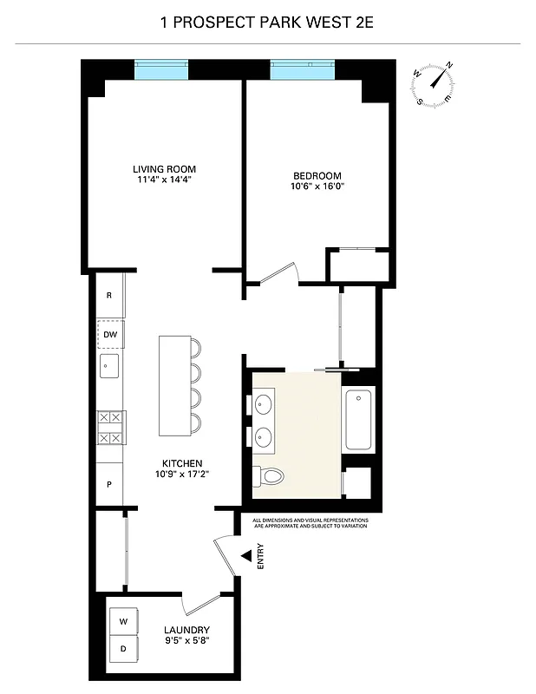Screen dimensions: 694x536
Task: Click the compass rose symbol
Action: [x=435, y=84]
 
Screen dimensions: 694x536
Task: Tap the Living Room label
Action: [x=164, y=168]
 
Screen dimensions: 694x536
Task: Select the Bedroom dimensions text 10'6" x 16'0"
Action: [x=322, y=186]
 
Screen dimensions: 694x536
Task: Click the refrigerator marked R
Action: [x=109, y=295]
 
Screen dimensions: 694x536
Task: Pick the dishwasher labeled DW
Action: [x=110, y=334]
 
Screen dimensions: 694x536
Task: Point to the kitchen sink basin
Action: [x=109, y=365]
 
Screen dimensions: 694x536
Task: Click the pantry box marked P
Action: [x=109, y=484]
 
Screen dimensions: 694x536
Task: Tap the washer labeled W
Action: [x=123, y=620]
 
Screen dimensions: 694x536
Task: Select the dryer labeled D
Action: [x=123, y=649]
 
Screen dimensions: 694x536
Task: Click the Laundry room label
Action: [x=186, y=630]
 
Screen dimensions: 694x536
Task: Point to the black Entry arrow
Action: [x=246, y=555]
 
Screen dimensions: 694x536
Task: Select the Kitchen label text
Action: [x=182, y=463]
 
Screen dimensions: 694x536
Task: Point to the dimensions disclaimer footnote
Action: [x=310, y=523]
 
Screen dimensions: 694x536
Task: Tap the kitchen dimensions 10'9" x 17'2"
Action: [x=182, y=475]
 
